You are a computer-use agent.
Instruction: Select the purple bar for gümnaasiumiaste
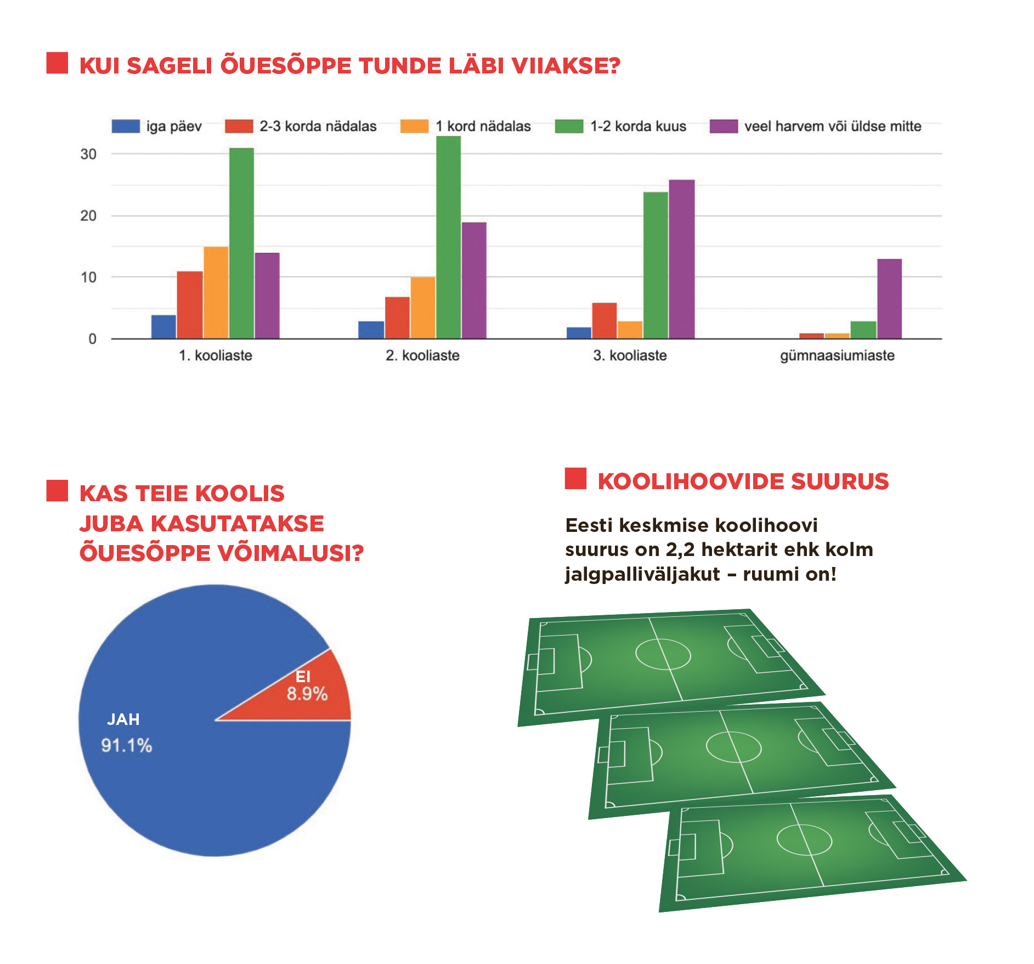pos(889,298)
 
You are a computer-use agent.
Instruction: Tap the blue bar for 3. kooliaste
pos(579,333)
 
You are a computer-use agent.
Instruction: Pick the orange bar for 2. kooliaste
pos(423,308)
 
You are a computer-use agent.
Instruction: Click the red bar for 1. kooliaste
pos(189,305)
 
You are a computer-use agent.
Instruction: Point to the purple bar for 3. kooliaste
pos(681,259)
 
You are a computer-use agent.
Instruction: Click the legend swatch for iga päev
pos(126,126)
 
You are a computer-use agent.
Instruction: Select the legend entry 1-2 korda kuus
pos(638,126)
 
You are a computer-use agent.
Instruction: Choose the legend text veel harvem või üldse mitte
pos(832,126)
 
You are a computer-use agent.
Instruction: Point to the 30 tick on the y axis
pos(88,154)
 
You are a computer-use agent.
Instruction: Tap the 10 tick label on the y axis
pos(88,277)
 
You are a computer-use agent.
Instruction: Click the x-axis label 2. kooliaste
pos(422,355)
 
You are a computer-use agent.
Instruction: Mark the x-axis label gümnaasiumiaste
pos(837,355)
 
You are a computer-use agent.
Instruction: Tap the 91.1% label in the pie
pos(127,745)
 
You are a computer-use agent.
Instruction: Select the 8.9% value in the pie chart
pos(307,694)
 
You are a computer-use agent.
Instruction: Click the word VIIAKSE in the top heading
pos(565,66)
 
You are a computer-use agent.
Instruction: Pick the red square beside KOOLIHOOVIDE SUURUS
pos(575,478)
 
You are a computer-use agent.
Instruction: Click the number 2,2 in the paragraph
pos(680,549)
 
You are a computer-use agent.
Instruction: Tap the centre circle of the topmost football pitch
pos(663,654)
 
